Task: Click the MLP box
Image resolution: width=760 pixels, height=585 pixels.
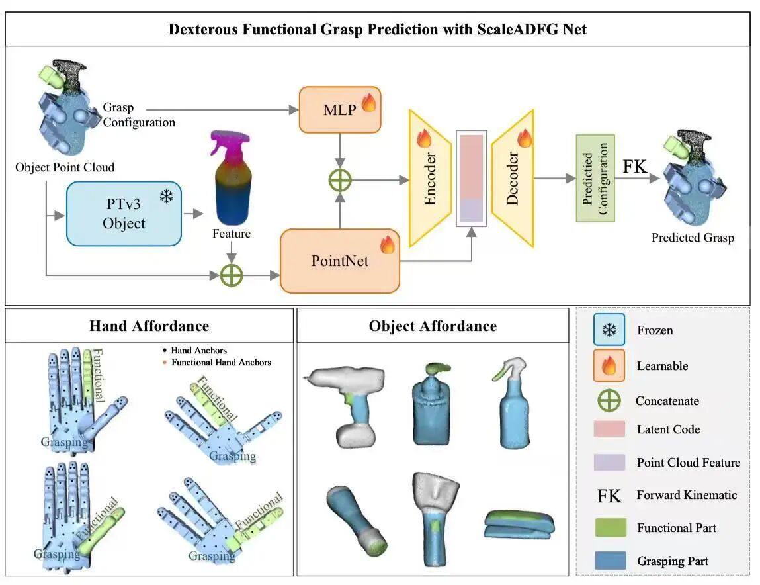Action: [340, 109]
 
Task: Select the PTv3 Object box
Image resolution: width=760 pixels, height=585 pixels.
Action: [124, 213]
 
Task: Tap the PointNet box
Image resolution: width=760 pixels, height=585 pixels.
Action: [340, 260]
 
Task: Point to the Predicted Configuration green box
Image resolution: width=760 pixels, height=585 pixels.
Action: [595, 178]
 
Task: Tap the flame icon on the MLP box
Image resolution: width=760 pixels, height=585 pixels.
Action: [368, 104]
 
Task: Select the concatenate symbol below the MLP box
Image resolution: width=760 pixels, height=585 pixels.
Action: [340, 179]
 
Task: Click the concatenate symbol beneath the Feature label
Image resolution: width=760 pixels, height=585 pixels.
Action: [232, 275]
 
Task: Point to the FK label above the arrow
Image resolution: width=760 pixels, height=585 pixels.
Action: [635, 166]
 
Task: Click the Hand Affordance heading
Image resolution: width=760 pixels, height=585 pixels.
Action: [149, 326]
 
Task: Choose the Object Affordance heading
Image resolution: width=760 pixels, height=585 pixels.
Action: [433, 326]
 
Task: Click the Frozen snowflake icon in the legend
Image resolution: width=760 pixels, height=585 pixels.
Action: [609, 330]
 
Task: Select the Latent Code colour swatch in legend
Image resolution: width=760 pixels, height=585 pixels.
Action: [609, 429]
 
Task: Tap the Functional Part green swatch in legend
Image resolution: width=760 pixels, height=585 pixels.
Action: [609, 527]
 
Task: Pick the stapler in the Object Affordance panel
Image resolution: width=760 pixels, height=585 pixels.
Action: [519, 523]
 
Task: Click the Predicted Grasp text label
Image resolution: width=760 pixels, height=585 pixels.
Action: [693, 238]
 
